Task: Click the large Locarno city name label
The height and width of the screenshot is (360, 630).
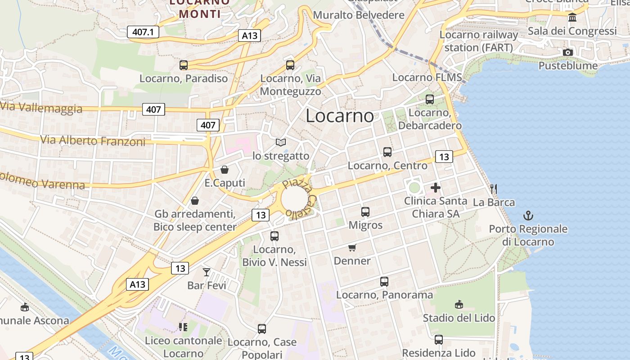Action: [x=340, y=116]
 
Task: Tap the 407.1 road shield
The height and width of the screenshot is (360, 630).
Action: [x=143, y=32]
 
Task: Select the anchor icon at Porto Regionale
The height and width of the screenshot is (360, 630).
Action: [x=528, y=216]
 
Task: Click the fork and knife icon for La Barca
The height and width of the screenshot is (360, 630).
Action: [x=494, y=189]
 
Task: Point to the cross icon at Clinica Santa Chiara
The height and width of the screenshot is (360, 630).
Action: [x=436, y=188]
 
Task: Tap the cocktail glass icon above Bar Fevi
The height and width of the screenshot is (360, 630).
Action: [x=207, y=272]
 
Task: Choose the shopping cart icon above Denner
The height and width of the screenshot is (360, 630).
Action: [x=352, y=247]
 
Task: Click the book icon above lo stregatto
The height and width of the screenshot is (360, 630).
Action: [x=281, y=142]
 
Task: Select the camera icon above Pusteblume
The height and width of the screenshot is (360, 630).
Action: [x=568, y=52]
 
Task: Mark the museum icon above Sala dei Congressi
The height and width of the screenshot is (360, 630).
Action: [x=572, y=18]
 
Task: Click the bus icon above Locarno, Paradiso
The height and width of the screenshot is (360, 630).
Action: [x=183, y=65]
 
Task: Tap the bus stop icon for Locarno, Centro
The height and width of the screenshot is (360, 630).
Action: [x=387, y=152]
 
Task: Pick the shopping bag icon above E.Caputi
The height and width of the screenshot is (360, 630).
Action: [x=224, y=170]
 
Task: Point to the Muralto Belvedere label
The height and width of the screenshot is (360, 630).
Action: [x=359, y=15]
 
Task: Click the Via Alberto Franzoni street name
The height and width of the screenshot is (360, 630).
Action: [x=93, y=140]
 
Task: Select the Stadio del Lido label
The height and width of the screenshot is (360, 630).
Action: [x=459, y=318]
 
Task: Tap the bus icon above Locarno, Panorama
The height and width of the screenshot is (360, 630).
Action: [x=384, y=282]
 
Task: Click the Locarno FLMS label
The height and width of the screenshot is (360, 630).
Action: [x=427, y=77]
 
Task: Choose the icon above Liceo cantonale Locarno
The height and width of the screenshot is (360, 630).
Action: [x=183, y=327]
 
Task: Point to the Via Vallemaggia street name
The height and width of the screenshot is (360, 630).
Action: [x=41, y=108]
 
